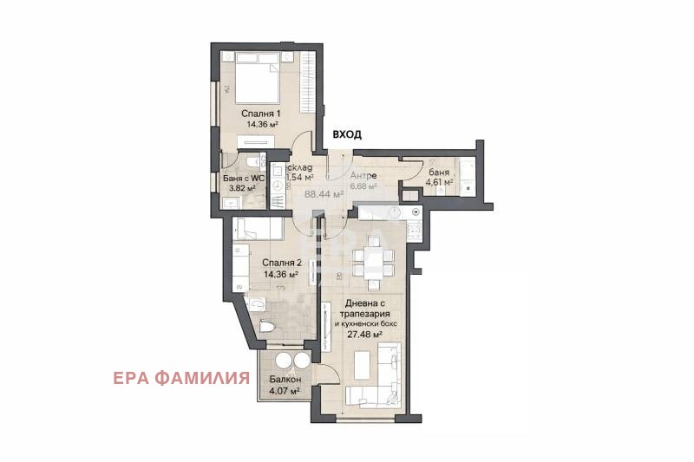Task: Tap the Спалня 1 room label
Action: click(262, 114)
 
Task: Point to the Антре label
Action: click(363, 174)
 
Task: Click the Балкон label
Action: click(284, 381)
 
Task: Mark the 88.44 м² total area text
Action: click(323, 194)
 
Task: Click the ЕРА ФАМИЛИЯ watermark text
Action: click(181, 378)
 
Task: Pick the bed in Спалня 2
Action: click(259, 229)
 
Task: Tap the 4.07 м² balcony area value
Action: click(284, 392)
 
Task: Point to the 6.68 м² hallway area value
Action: click(363, 185)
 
